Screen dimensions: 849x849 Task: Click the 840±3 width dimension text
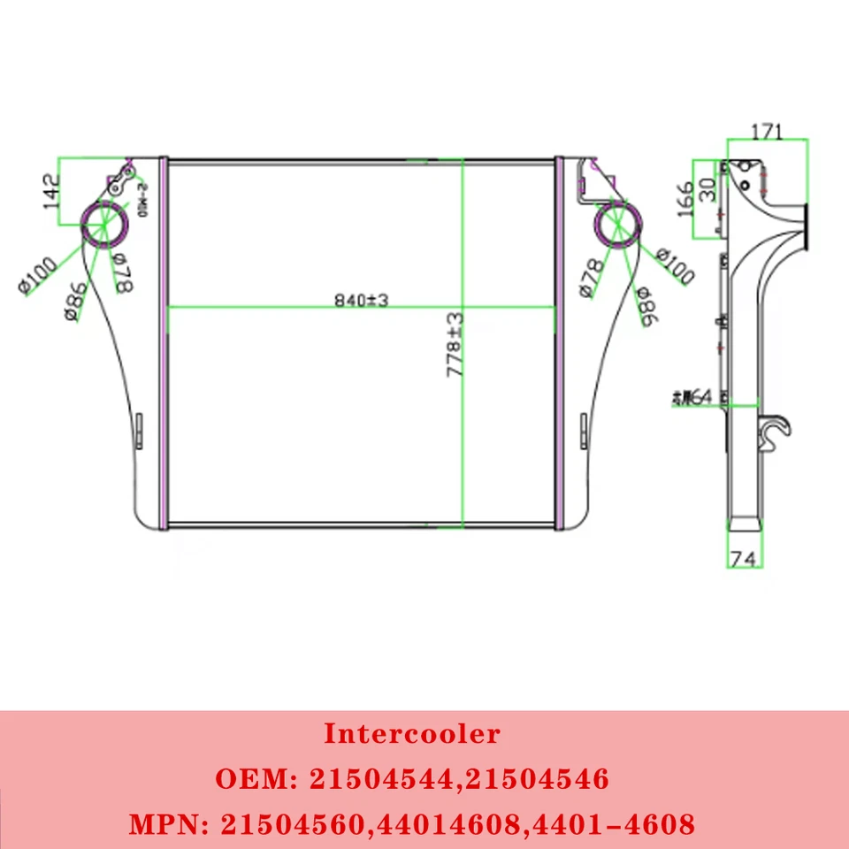point(362,300)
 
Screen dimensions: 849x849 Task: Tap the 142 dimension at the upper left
point(50,191)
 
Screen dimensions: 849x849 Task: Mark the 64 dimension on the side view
point(693,398)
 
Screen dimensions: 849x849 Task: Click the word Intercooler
point(411,733)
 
